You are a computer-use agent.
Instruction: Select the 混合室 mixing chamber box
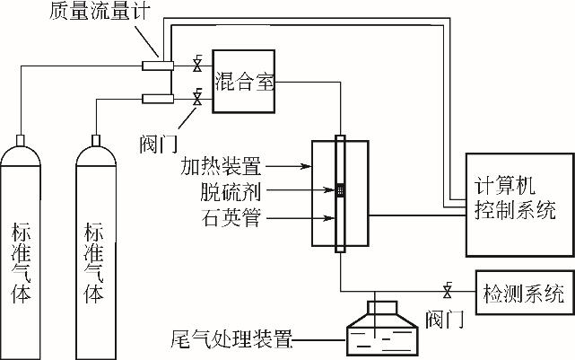[245, 81]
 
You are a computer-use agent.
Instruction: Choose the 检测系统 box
[524, 293]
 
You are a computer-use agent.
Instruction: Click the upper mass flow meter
[159, 65]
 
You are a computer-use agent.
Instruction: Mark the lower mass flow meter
[159, 97]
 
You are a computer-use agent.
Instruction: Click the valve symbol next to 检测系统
[447, 291]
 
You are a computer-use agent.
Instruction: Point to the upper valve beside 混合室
[196, 65]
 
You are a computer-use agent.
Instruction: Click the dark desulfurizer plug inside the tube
[340, 190]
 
